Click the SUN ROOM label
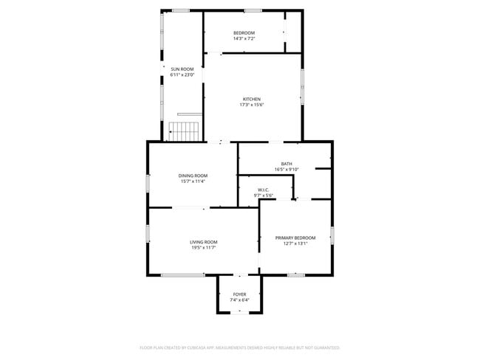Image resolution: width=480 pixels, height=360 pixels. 182,69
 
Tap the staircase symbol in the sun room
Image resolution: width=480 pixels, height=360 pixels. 184,131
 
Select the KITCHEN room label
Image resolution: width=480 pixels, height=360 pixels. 251,99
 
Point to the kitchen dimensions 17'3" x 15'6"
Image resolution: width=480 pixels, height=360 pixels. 251,105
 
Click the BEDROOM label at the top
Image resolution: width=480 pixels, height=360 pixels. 244,32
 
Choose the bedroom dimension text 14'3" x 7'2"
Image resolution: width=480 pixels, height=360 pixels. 244,38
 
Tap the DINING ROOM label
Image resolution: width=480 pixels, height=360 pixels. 192,176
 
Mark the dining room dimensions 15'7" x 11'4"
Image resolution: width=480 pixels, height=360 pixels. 192,181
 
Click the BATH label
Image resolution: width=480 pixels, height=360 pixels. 286,164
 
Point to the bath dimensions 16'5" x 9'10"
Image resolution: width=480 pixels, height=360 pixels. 286,170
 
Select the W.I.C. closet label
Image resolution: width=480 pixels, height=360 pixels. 264,190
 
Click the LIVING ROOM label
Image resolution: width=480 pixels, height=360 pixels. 203,242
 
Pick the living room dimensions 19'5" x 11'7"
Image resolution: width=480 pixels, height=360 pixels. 203,248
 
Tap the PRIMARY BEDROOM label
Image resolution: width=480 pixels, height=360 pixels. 295,238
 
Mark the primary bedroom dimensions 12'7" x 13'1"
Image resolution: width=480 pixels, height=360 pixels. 295,243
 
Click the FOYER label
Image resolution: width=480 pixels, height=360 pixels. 239,294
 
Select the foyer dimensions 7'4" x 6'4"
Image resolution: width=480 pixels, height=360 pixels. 239,300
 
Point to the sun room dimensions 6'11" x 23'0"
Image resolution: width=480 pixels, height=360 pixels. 182,75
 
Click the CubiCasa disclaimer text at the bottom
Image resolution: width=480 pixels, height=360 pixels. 239,347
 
